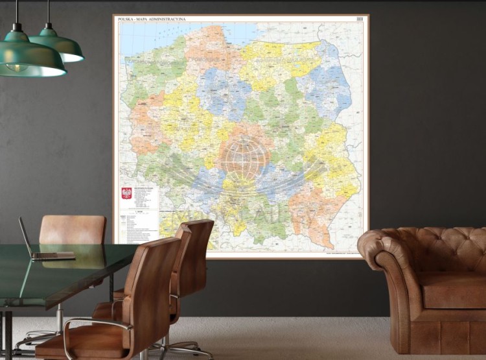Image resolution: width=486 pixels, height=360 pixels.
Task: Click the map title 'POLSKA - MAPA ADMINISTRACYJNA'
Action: (152, 19)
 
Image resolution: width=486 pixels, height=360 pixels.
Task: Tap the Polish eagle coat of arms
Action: (126, 193)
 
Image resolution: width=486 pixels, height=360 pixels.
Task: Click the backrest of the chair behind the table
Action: (72, 230)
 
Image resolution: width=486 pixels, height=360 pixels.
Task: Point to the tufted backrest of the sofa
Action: (441, 243)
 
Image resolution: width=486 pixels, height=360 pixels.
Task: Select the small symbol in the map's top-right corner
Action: (360, 19)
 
